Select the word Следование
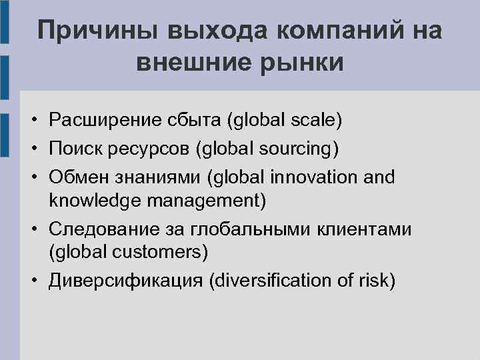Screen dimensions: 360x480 pyautogui.click(x=103, y=230)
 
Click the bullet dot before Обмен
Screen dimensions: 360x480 pyautogui.click(x=33, y=178)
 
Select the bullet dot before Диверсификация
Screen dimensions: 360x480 pyautogui.click(x=33, y=281)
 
